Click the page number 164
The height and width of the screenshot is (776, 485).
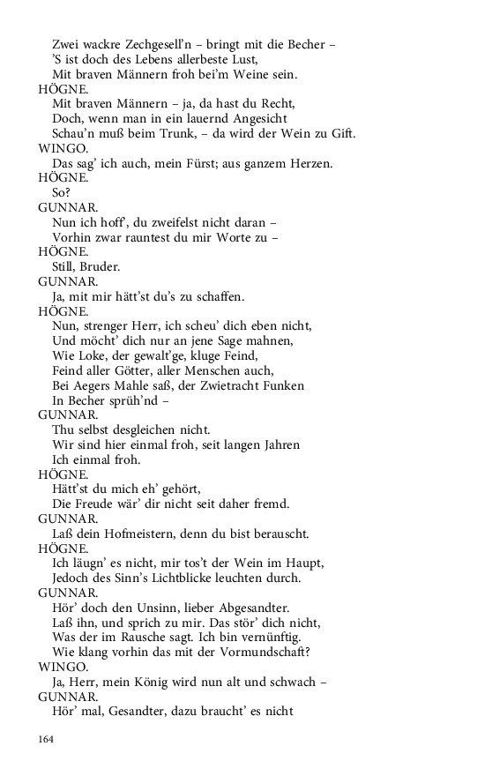coord(46,738)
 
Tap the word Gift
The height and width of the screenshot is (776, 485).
coord(343,133)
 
